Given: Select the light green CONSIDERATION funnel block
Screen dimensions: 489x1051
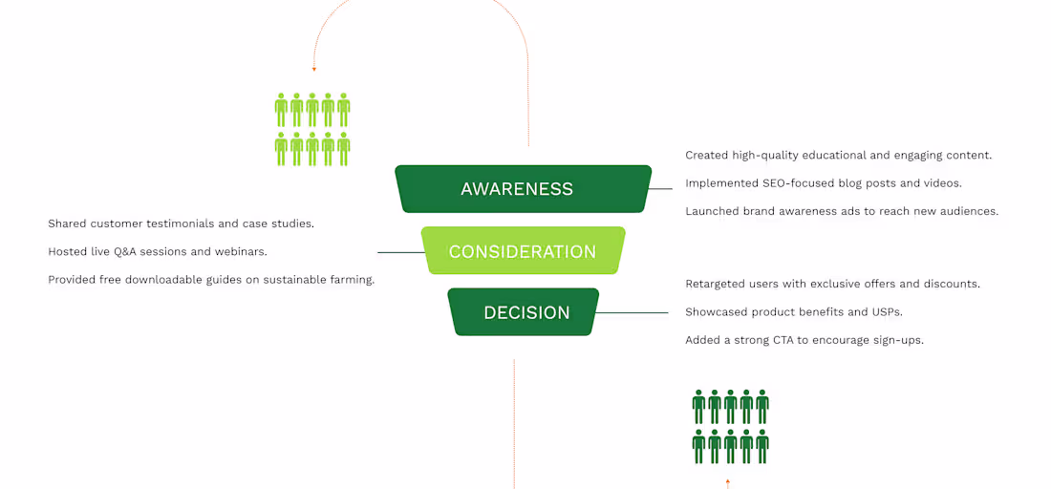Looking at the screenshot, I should click(x=523, y=251).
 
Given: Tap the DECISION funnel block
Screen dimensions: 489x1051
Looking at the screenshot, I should click(x=524, y=312).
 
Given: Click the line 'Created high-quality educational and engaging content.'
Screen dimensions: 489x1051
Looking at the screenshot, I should click(x=838, y=155).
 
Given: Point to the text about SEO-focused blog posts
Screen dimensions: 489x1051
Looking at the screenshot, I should click(x=823, y=183).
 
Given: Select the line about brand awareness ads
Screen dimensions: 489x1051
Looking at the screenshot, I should click(x=841, y=211).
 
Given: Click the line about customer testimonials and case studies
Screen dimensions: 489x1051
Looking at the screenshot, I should click(x=181, y=223).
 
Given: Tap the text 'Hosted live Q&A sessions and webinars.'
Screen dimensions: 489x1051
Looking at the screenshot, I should click(x=157, y=251).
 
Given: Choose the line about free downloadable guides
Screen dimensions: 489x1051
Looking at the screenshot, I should click(x=211, y=280).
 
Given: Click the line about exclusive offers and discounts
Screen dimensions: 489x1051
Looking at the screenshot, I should click(x=832, y=284).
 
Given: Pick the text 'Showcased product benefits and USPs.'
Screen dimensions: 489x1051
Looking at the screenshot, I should click(x=793, y=312).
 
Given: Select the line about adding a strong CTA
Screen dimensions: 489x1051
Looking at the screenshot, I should click(x=804, y=340).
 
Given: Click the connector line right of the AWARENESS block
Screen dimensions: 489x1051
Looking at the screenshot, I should click(x=660, y=189).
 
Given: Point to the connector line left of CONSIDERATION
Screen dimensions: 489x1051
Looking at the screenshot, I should click(x=399, y=252).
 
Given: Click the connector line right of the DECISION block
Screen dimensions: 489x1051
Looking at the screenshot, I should click(x=633, y=312).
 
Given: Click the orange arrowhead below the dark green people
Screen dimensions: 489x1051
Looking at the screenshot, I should click(x=728, y=481).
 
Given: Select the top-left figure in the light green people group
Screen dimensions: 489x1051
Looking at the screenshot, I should click(x=281, y=110).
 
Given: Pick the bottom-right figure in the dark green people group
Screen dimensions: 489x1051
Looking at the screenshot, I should click(x=761, y=446).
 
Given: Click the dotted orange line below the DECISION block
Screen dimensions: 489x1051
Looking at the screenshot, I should click(x=514, y=420).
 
